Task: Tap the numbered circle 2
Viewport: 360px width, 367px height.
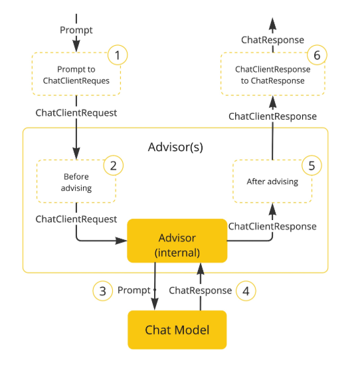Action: point(113,166)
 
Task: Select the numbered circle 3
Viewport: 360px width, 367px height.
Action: point(102,291)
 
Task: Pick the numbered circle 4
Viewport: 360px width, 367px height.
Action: point(246,291)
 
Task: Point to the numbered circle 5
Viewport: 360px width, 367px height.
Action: point(310,165)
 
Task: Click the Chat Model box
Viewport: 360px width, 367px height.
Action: point(177,330)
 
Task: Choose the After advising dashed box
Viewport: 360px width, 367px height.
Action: point(272,181)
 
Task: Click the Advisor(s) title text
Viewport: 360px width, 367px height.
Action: point(175,146)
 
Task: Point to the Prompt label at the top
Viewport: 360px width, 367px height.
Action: point(76,30)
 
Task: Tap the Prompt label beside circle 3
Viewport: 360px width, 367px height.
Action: point(134,291)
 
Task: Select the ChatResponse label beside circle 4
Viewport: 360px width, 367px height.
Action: point(200,291)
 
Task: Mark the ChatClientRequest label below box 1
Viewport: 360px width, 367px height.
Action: point(76,113)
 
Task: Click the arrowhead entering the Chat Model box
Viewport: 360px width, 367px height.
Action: point(155,304)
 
